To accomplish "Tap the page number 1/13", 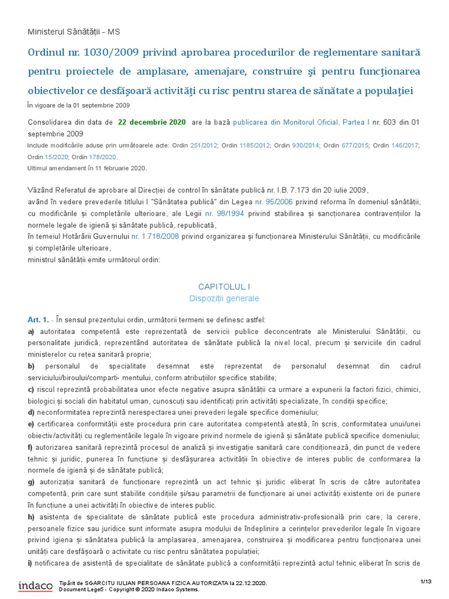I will coord(426,581).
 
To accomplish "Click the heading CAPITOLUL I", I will coord(224,287).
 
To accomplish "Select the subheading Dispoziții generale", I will coord(224,298).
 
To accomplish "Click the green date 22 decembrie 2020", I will coord(152,122).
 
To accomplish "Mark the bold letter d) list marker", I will coord(32,412).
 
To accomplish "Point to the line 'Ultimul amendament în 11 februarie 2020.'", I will coord(87,168).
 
